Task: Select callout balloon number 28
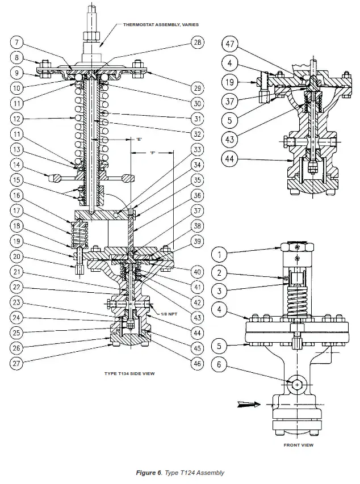pyautogui.click(x=197, y=43)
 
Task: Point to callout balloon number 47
pyautogui.click(x=229, y=44)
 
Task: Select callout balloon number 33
pyautogui.click(x=197, y=150)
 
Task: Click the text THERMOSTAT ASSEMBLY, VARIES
pyautogui.click(x=158, y=26)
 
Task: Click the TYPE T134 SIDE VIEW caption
pyautogui.click(x=129, y=374)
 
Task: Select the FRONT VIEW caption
pyautogui.click(x=298, y=445)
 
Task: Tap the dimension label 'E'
pyautogui.click(x=138, y=139)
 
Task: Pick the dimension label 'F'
pyautogui.click(x=153, y=153)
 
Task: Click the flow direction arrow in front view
pyautogui.click(x=247, y=405)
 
